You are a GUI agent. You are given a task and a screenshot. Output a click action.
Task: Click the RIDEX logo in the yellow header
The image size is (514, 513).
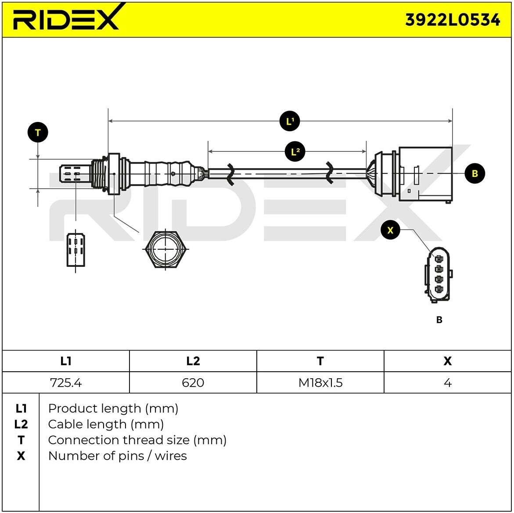tap(66, 19)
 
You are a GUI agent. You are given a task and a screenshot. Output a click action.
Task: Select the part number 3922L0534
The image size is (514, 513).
tap(452, 20)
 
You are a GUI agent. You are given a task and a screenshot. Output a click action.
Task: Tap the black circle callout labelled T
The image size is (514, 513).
tap(38, 133)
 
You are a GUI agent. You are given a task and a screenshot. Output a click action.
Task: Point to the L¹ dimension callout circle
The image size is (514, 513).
tap(289, 121)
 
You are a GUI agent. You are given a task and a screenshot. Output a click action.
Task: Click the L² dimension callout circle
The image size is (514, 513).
tap(295, 152)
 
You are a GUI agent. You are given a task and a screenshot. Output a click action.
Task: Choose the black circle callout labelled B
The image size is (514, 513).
tap(474, 173)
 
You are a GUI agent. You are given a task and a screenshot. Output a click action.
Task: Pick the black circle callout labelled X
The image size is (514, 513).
tap(390, 230)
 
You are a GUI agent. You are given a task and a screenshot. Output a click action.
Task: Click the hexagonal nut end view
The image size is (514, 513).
tap(165, 249)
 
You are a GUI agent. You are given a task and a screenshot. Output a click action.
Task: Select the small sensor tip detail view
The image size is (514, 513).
tap(75, 250)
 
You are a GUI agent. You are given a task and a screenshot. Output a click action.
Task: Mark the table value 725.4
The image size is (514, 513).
tap(66, 383)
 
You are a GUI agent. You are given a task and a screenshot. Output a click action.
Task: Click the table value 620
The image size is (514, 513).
tap(193, 383)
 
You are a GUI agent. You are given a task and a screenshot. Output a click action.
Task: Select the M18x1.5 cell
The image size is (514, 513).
tap(320, 383)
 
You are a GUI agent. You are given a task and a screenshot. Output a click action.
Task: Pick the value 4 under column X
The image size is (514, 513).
tap(447, 383)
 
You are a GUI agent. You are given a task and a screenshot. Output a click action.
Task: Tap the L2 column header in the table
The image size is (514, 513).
tap(193, 361)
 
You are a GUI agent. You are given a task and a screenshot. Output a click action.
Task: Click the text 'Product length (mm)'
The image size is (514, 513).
tap(113, 409)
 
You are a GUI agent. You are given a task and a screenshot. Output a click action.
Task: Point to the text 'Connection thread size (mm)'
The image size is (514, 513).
tap(137, 440)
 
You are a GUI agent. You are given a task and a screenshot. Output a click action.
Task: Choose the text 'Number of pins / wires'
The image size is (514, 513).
tap(117, 456)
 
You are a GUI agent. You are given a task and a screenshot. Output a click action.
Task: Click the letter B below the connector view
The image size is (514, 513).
tap(439, 320)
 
